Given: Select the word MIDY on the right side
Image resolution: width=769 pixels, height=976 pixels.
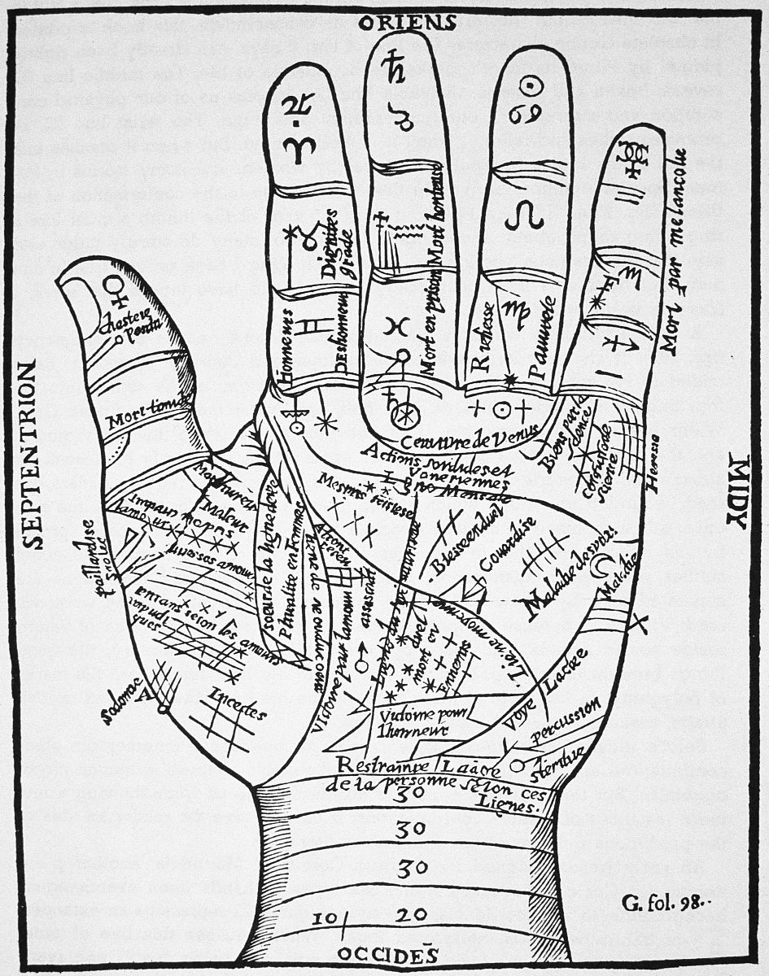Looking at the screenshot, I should coord(737,491).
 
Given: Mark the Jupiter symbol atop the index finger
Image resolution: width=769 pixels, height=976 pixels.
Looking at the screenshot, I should coord(294,106).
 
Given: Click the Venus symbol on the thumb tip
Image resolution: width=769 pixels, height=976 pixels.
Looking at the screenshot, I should coord(117,290).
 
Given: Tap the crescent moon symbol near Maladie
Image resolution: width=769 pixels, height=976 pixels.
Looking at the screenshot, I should coord(604,564).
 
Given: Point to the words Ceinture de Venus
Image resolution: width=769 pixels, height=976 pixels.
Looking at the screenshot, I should coord(471,439).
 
